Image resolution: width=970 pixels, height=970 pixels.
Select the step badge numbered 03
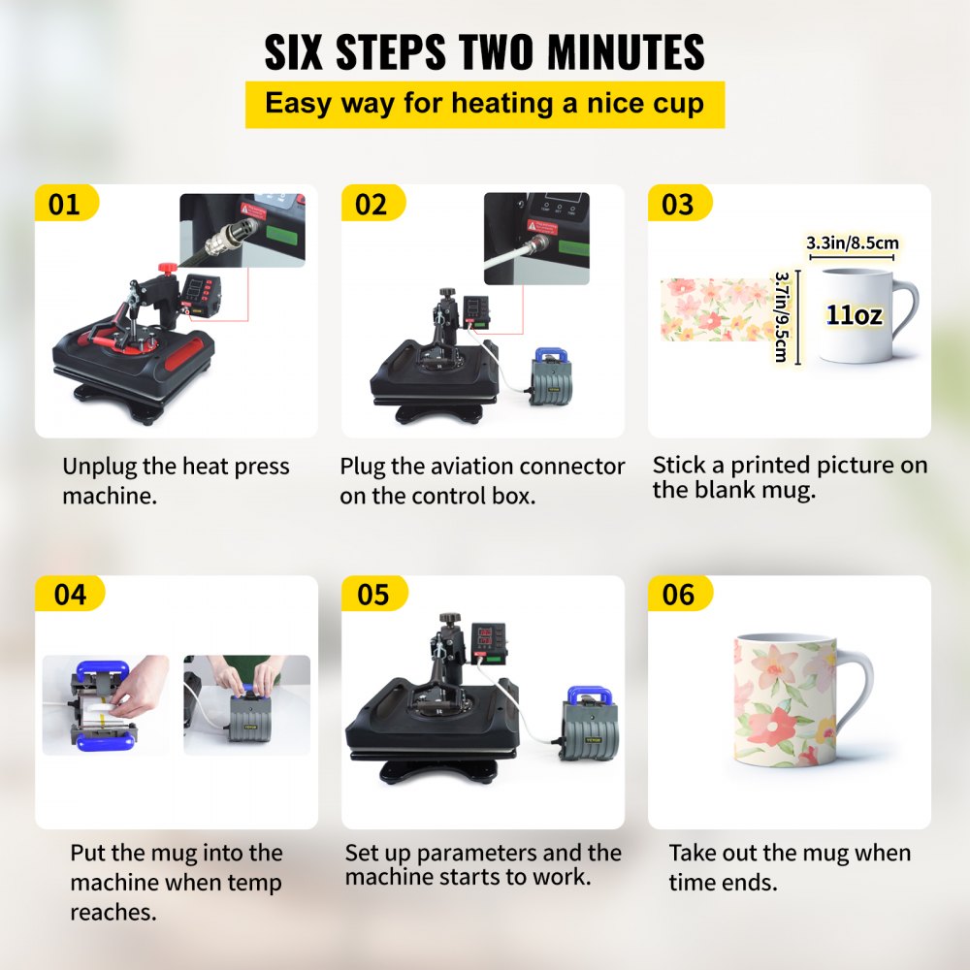coord(678,205)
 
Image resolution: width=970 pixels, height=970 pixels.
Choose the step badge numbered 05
coord(373,594)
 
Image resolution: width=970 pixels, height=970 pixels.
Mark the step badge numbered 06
coord(678,594)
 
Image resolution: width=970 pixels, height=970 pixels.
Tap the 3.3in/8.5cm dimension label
coord(852,242)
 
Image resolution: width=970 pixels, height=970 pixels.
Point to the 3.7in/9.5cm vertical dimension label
coord(781,317)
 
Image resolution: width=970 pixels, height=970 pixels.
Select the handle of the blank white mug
coord(904,315)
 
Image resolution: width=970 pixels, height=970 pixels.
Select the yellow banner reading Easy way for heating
coord(484,104)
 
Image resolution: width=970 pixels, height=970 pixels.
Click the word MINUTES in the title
coord(604,52)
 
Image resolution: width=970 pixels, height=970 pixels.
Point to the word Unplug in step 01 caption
coord(99,467)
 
